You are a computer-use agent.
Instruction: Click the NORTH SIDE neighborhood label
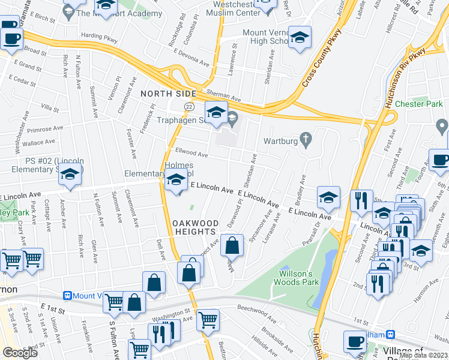point(169,94)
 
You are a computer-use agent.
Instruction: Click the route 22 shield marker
point(189,106)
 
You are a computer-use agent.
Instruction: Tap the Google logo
point(20,353)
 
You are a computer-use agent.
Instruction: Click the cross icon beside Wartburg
point(306,140)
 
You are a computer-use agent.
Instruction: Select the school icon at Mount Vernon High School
point(300,38)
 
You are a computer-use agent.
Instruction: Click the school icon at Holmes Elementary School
point(176,179)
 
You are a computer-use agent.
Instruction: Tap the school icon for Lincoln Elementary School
point(71,175)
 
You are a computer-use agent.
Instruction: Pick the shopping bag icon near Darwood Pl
point(232,245)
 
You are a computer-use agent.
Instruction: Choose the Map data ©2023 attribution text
point(423,355)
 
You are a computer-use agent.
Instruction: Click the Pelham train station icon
point(391,334)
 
